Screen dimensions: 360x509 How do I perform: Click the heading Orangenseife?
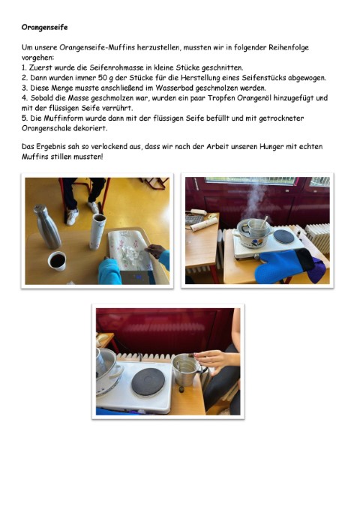point(44,27)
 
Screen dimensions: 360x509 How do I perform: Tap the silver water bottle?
point(47,226)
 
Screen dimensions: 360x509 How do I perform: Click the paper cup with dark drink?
point(57,261)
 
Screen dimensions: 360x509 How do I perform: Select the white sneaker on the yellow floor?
point(72,217)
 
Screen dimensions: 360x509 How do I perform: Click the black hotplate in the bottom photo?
point(148,382)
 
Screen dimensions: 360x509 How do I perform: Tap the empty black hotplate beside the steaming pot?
point(283,237)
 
